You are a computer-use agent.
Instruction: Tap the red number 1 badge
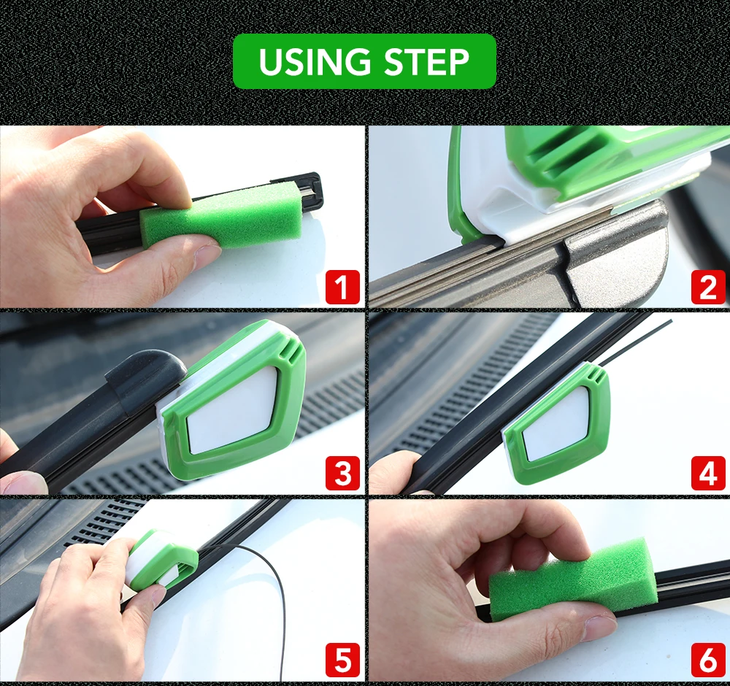point(342,287)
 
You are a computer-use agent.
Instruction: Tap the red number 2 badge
point(708,287)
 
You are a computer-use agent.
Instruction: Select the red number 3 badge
point(342,473)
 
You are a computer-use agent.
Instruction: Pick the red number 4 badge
point(708,473)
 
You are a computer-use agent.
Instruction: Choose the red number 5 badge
point(342,660)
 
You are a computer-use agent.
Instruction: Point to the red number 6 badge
point(708,660)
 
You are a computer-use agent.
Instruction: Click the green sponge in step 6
point(573,579)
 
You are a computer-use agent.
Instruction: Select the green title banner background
point(364,61)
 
